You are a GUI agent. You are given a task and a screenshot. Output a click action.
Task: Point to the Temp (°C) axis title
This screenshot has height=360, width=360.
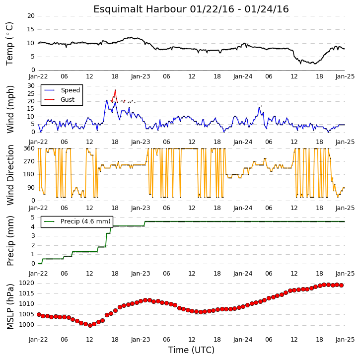coord(9,44)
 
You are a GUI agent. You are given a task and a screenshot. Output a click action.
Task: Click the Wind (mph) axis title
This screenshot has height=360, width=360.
coord(10,109)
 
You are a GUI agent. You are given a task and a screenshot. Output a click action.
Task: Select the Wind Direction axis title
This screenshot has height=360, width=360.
coord(10,175)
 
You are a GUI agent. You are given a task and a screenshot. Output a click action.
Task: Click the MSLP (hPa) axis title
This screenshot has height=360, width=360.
coord(10,306)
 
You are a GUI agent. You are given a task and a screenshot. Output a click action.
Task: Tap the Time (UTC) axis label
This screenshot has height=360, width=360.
coord(191,350)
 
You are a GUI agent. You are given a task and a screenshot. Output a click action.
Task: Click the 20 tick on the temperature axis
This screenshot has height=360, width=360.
coord(31,16)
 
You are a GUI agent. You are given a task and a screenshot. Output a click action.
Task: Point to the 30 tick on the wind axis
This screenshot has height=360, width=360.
coord(31,86)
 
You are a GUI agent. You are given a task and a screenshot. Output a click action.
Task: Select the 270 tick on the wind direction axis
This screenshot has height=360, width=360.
coord(29,161)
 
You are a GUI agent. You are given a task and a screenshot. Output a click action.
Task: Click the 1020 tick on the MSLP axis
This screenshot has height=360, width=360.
coord(26,283)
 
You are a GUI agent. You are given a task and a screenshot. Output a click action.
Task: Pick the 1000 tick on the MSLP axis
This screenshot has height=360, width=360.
coord(26,325)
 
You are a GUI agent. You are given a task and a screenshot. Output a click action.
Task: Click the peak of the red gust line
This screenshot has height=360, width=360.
coord(115,90)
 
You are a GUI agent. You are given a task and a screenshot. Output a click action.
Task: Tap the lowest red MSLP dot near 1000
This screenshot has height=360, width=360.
coord(90,325)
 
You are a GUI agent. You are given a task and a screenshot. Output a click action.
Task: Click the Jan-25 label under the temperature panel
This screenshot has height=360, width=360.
coord(345,76)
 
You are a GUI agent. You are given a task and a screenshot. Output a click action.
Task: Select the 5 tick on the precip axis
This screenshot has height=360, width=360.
coord(33,217)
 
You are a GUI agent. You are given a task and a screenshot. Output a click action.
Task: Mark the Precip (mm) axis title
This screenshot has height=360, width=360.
coord(10,241)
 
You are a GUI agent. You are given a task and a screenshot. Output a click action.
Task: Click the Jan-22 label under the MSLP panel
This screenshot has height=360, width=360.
coord(38,340)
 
